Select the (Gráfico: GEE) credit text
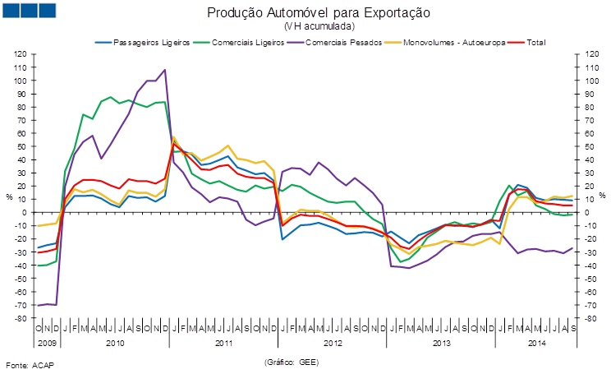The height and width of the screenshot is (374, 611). [292, 362]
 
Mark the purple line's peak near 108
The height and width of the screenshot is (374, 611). [165, 70]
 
